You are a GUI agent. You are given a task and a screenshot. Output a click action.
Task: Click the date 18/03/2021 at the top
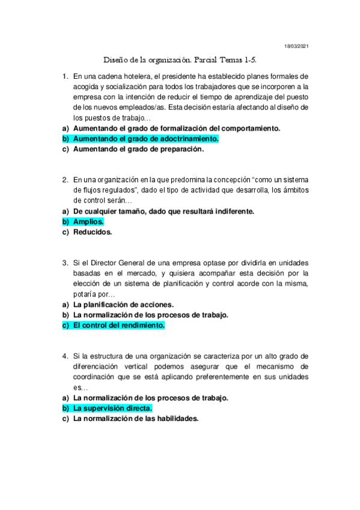click(x=297, y=46)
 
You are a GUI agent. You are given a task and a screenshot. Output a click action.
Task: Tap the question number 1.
click(x=65, y=76)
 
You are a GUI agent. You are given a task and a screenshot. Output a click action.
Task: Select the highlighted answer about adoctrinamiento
click(x=145, y=138)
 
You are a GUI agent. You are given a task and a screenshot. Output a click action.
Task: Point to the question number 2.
click(x=65, y=180)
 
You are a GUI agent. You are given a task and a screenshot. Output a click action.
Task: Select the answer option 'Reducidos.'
click(x=93, y=232)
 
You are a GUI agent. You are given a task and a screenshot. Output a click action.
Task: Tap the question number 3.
click(x=65, y=263)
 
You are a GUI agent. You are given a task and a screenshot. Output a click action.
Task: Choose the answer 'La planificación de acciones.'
click(x=123, y=304)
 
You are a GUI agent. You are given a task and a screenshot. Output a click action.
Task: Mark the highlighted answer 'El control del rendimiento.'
click(x=118, y=325)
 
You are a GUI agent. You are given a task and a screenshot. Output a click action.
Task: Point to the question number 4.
click(x=65, y=356)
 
